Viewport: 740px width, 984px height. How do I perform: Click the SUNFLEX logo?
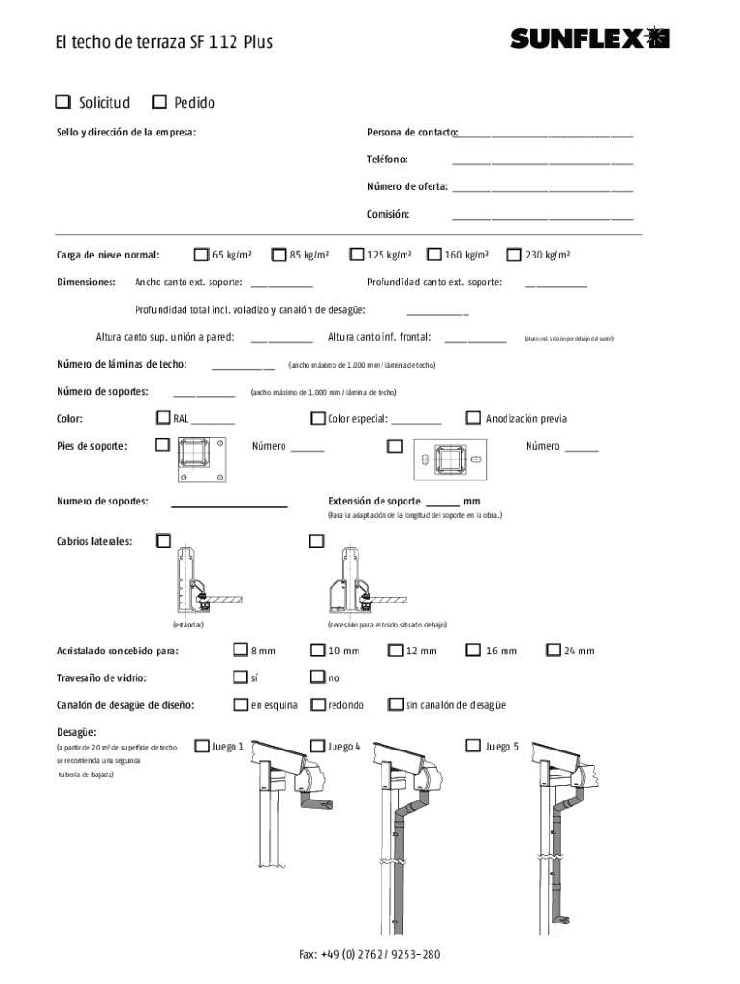[589, 39]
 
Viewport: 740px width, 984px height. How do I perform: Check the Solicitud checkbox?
[63, 102]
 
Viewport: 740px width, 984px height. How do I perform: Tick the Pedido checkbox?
[159, 102]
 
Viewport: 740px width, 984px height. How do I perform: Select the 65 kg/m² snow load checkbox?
[201, 255]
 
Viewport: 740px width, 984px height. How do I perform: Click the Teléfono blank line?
[542, 163]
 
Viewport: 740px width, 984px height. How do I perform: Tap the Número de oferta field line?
[542, 191]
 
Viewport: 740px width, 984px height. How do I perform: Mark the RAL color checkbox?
[162, 418]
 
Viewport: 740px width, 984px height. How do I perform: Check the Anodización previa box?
[473, 418]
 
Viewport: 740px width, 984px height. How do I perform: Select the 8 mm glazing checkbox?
[240, 651]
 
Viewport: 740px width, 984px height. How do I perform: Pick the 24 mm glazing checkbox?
[553, 651]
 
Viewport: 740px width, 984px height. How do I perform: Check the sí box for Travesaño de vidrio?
[240, 677]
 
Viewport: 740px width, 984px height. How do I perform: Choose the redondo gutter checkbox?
[317, 704]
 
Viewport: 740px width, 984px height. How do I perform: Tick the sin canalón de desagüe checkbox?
[395, 704]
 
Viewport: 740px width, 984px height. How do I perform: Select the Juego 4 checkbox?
[317, 746]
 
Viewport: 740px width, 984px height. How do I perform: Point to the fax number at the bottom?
[369, 954]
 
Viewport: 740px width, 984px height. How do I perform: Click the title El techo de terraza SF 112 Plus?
[163, 42]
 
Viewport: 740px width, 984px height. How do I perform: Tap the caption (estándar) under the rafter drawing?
[187, 625]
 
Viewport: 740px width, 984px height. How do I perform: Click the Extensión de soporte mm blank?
[443, 503]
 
